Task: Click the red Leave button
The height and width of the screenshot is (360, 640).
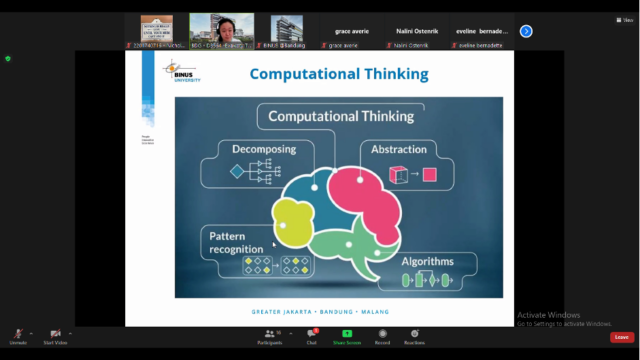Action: click(621, 337)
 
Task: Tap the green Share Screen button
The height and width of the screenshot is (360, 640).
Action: click(347, 336)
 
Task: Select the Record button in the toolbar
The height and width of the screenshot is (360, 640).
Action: click(382, 336)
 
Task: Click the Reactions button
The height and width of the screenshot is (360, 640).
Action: click(413, 336)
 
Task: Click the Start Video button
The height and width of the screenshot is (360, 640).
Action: click(55, 336)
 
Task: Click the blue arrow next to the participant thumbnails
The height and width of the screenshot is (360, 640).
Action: click(526, 31)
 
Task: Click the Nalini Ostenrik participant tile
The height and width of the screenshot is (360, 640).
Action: click(421, 31)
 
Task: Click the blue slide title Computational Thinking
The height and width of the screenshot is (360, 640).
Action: click(338, 74)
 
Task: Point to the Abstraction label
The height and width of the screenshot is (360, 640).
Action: click(399, 150)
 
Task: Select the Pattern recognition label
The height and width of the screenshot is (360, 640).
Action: click(238, 241)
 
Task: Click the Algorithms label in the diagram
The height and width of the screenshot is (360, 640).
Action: click(427, 261)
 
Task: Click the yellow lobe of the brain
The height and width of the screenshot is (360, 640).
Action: click(288, 224)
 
